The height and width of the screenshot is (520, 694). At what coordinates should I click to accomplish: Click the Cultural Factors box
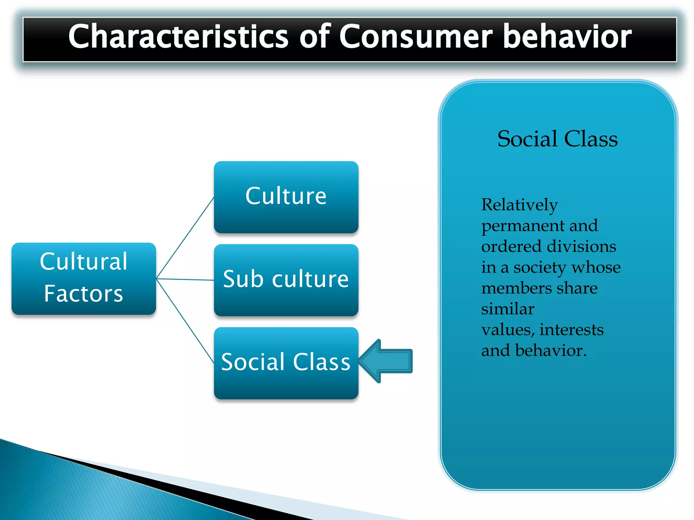tap(84, 278)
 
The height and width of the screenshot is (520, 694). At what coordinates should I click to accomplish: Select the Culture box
tap(286, 197)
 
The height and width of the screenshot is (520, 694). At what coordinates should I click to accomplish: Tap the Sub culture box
tap(286, 280)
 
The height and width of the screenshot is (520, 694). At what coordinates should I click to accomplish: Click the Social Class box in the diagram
tap(286, 363)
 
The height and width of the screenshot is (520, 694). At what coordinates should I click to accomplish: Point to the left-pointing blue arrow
tap(386, 361)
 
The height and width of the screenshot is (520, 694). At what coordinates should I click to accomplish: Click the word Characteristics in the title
tap(178, 37)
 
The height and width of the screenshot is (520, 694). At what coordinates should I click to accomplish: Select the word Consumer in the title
tap(416, 37)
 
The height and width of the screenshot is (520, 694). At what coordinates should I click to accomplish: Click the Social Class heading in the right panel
tap(557, 139)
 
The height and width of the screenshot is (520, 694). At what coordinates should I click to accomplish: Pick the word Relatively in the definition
tap(519, 205)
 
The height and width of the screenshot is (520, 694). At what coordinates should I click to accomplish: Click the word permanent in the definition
tap(522, 226)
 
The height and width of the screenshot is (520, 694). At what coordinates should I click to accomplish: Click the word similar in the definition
tap(508, 309)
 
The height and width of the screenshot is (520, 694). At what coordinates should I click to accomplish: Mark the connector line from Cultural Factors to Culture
tap(185, 238)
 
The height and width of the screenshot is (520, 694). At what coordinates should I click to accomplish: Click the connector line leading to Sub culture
tap(185, 279)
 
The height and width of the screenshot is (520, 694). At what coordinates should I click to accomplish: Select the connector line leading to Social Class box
tap(185, 321)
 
